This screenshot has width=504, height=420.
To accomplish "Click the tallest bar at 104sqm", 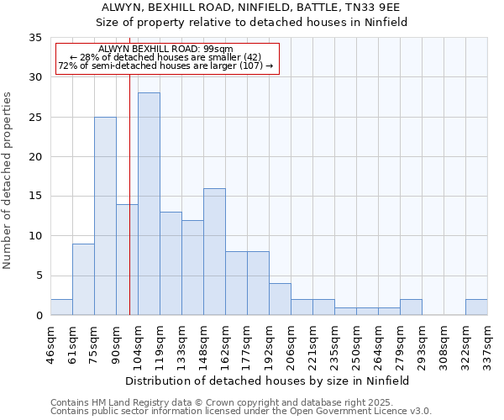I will click(x=149, y=204).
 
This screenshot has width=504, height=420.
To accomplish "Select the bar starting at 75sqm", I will click(x=105, y=216).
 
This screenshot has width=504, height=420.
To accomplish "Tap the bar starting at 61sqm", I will click(x=83, y=279).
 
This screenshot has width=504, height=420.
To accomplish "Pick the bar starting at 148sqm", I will click(x=214, y=251).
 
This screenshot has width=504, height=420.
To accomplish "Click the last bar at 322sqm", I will click(x=476, y=307).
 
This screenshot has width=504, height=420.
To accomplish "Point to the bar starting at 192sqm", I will click(x=280, y=299).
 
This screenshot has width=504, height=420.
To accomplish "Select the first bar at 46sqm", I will click(x=61, y=307).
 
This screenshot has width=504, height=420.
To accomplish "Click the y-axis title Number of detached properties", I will click(x=8, y=181).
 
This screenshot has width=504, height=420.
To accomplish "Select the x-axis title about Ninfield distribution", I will click(x=269, y=381).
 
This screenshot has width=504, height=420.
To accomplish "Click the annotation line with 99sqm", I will click(x=165, y=50).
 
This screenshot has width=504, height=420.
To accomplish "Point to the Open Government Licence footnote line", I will click(x=241, y=412).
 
